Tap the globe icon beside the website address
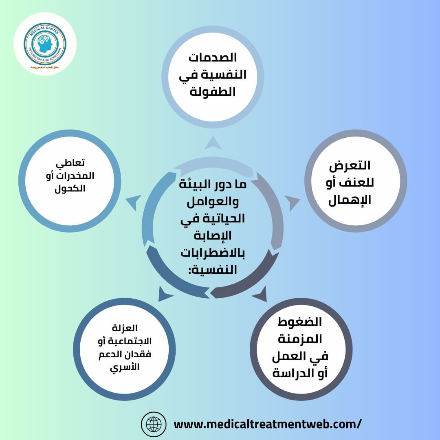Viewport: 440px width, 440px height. click(154, 424)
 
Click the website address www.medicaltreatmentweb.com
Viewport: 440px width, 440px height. click(267, 424)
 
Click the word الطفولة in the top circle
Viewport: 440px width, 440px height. click(213, 92)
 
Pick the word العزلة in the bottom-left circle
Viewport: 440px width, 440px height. click(125, 328)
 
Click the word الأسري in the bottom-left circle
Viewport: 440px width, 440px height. click(125, 367)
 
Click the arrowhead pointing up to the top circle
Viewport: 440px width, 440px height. click(213, 143)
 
